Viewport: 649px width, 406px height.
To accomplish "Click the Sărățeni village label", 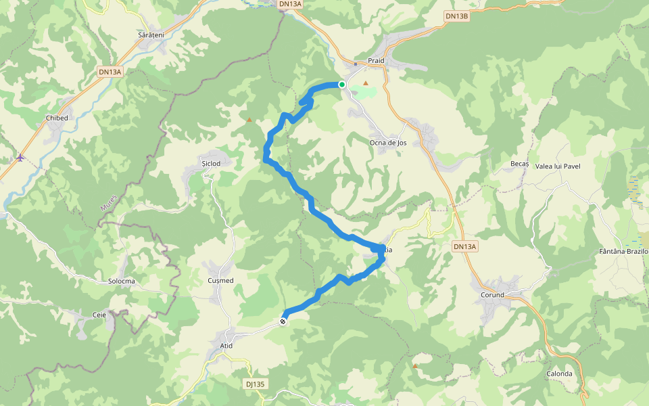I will (x=151, y=34).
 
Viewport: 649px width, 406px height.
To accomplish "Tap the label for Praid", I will (x=376, y=61).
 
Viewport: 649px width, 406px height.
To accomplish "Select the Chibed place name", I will (x=57, y=118).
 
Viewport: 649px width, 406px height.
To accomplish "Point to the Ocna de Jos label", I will (x=388, y=143).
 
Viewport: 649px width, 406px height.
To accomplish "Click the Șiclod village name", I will (x=212, y=163).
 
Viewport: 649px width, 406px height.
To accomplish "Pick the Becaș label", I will (x=519, y=164).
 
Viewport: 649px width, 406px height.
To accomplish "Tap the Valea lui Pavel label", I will (x=558, y=166).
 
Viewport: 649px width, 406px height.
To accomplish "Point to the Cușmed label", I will (x=220, y=280).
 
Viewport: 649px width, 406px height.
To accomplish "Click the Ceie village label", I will (x=99, y=315).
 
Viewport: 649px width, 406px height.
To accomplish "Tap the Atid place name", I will (x=226, y=346).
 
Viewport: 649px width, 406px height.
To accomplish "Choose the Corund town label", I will (x=492, y=295).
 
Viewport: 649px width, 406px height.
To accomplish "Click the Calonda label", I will (x=559, y=374).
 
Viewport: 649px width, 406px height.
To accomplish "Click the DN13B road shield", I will (x=457, y=16).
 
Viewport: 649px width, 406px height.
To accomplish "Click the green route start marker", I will (x=342, y=85).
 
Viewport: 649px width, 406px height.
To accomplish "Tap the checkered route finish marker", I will (x=283, y=322).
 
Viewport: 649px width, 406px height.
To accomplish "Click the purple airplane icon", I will (x=20, y=158).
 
